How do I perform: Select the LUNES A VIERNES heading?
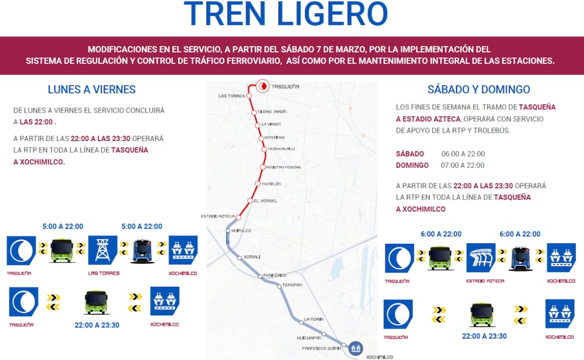pos(92,89)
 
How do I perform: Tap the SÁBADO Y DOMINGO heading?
pos(479,89)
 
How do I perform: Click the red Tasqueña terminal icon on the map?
pos(263,86)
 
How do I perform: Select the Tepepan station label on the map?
pos(293,286)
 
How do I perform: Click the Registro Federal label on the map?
pos(283,167)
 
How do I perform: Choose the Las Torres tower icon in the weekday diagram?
pos(103,250)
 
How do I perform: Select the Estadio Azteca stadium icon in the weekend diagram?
pos(481,258)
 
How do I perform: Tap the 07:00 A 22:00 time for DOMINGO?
pos(463,165)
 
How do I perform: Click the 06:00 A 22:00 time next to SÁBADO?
pos(463,154)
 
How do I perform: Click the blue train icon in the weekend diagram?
pos(520,258)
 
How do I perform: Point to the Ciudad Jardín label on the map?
pos(272,111)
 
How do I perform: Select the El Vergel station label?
pos(265,201)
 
